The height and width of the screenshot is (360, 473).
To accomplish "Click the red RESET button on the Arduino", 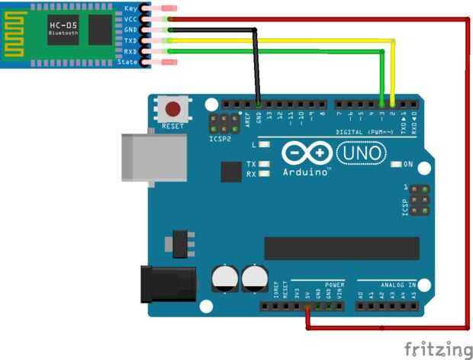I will (x=172, y=108).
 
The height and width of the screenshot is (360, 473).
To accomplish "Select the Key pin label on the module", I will (x=130, y=8).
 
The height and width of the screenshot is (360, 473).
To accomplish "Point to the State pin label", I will (x=127, y=62).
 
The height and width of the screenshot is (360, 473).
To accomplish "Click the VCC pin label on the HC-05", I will (x=130, y=19).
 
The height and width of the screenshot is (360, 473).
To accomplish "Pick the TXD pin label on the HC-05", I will (x=130, y=40).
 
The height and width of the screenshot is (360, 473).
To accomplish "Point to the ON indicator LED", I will (x=395, y=164).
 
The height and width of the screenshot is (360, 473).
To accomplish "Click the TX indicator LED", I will (x=264, y=164).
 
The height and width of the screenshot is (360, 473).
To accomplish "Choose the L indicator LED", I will (x=264, y=143).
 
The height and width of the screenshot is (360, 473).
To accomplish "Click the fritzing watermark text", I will (x=437, y=349).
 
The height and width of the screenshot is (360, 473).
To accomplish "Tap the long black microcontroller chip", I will (x=341, y=248).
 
